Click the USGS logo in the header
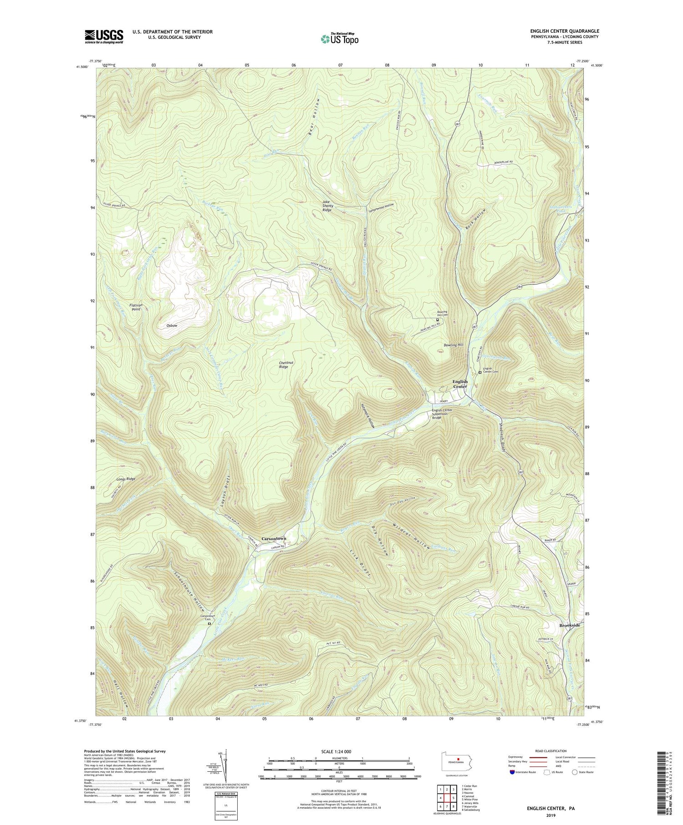pos(104,36)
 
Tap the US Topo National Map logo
pos(339,39)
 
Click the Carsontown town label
pos(274,538)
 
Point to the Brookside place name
pos(570,625)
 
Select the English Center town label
pos(459,384)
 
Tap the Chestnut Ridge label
pos(284,364)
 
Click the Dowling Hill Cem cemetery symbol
pos(438,320)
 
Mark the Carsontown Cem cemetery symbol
pos(209,624)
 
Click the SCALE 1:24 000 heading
pos(339,751)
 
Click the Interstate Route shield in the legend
pos(512,772)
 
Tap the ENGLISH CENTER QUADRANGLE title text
pos(565,31)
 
